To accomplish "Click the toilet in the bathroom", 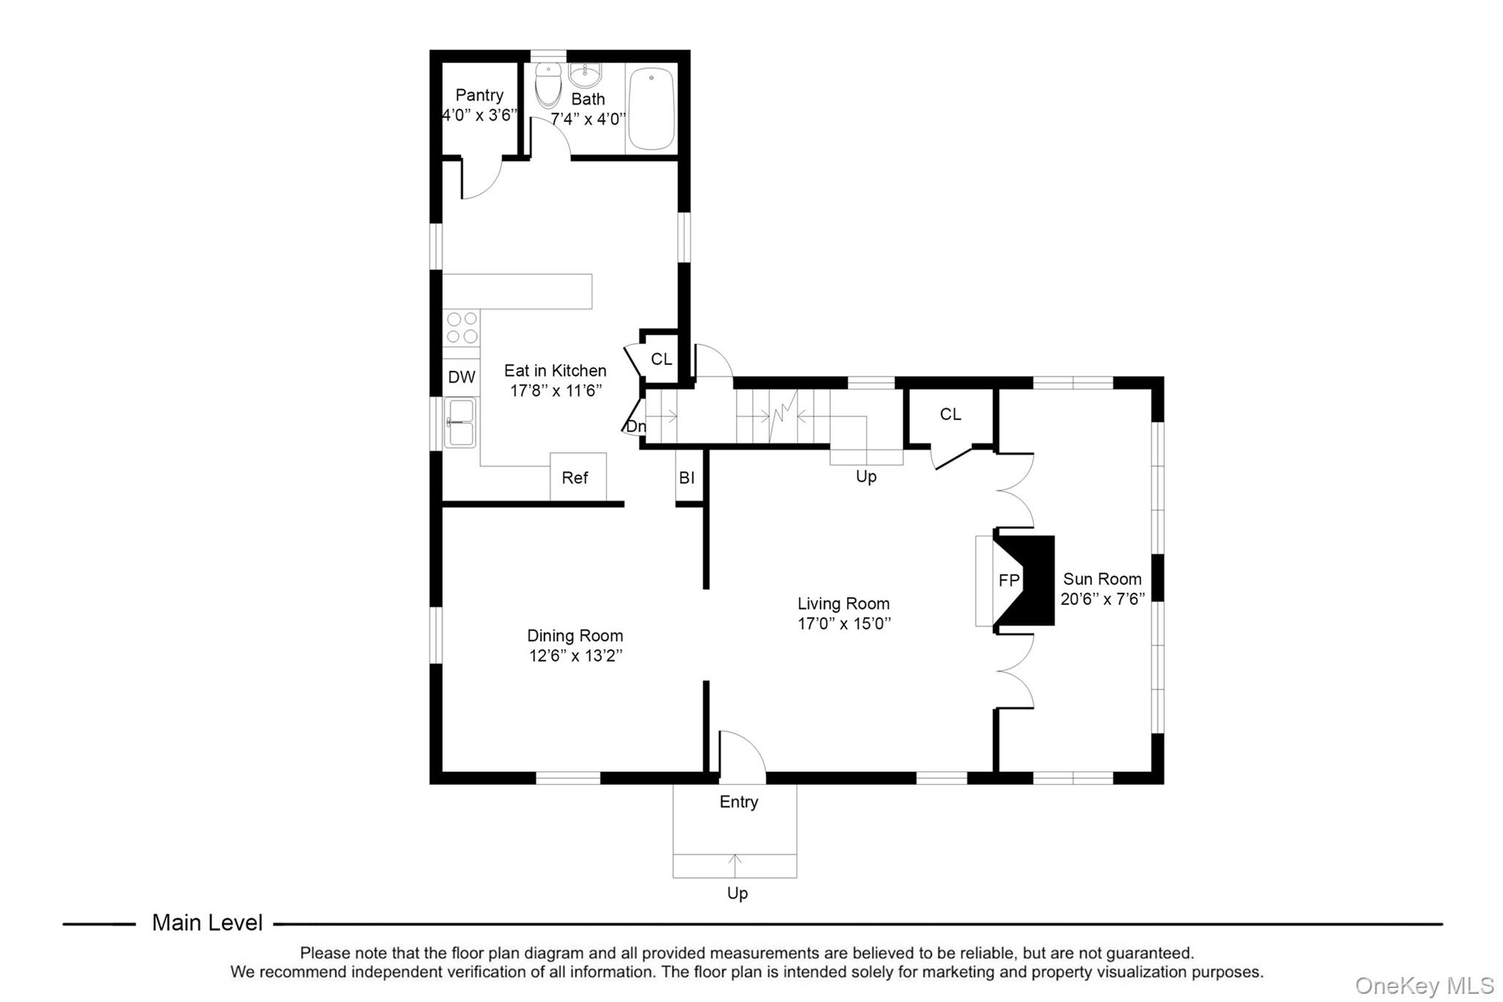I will tap(547, 87).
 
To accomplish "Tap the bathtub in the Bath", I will tap(652, 109).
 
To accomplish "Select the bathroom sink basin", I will tap(585, 75).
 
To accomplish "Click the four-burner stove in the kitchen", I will tap(462, 327).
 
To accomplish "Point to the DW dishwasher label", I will tap(462, 377).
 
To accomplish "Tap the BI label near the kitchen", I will tap(687, 479).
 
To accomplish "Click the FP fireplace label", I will tap(1008, 581).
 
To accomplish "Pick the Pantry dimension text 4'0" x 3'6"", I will tap(479, 115).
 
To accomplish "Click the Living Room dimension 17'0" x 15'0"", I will tap(844, 624).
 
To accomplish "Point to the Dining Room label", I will tap(575, 636).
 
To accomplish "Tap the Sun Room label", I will tap(1102, 579).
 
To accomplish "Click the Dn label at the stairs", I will tap(636, 426).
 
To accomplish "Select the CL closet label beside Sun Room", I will tap(950, 415).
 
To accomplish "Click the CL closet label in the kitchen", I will tap(661, 359).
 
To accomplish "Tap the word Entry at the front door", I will tap(738, 802).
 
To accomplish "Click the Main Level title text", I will tap(207, 923).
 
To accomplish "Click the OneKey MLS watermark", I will tap(1424, 985).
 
